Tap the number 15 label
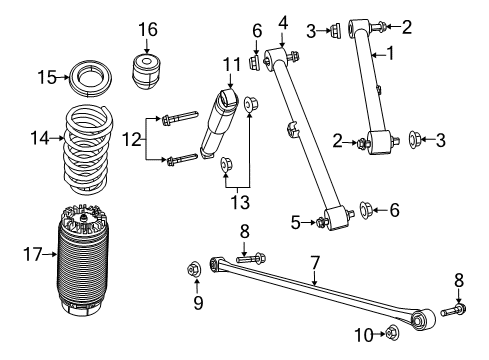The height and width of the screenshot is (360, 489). coord(45,76)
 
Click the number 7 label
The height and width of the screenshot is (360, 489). coord(314,263)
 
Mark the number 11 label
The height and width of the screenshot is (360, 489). coord(231,65)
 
